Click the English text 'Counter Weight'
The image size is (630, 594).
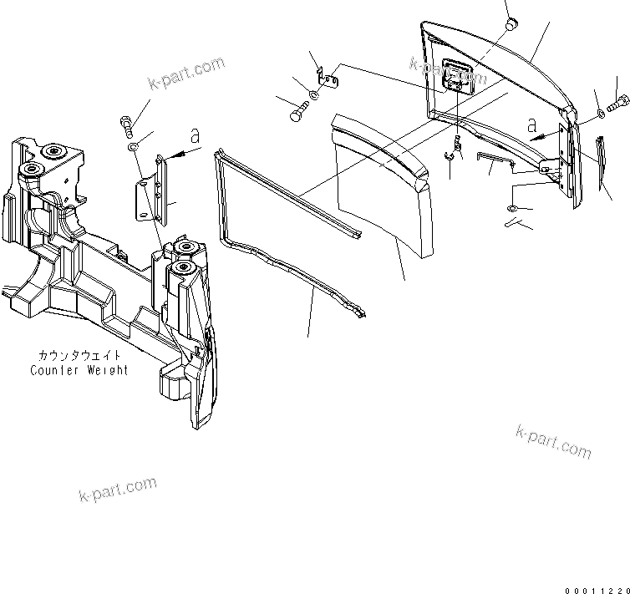coord(79,370)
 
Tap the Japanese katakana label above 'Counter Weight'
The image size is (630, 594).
coord(79,356)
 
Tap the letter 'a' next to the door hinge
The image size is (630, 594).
coord(533,125)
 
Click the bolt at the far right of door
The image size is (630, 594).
coord(621,105)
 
